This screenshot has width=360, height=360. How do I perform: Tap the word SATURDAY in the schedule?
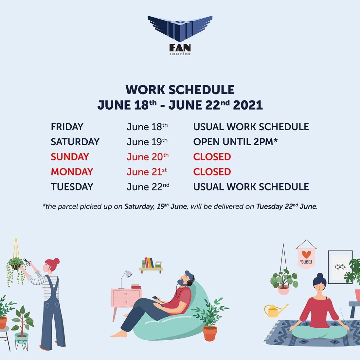[75, 142]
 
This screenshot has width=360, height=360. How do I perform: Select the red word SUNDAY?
[70, 157]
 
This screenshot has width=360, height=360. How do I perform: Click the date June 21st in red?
[147, 172]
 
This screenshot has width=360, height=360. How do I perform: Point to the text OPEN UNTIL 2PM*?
[235, 142]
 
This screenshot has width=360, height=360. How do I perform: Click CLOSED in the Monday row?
[212, 172]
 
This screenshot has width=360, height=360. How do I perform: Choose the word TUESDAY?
[72, 187]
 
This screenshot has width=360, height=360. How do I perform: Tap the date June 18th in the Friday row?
[147, 127]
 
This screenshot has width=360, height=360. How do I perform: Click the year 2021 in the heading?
[248, 105]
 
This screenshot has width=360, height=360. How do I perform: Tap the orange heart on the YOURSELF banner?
[306, 254]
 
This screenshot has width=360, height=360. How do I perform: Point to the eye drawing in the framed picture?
[340, 267]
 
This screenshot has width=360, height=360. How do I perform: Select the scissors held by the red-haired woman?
[27, 262]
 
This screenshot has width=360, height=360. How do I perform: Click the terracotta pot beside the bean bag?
[210, 333]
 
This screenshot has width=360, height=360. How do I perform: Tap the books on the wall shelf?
[148, 262]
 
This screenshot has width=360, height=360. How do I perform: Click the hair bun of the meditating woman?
[320, 275]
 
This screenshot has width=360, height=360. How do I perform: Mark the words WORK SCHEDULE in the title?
[180, 90]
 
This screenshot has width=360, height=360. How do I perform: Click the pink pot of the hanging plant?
[283, 290]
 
